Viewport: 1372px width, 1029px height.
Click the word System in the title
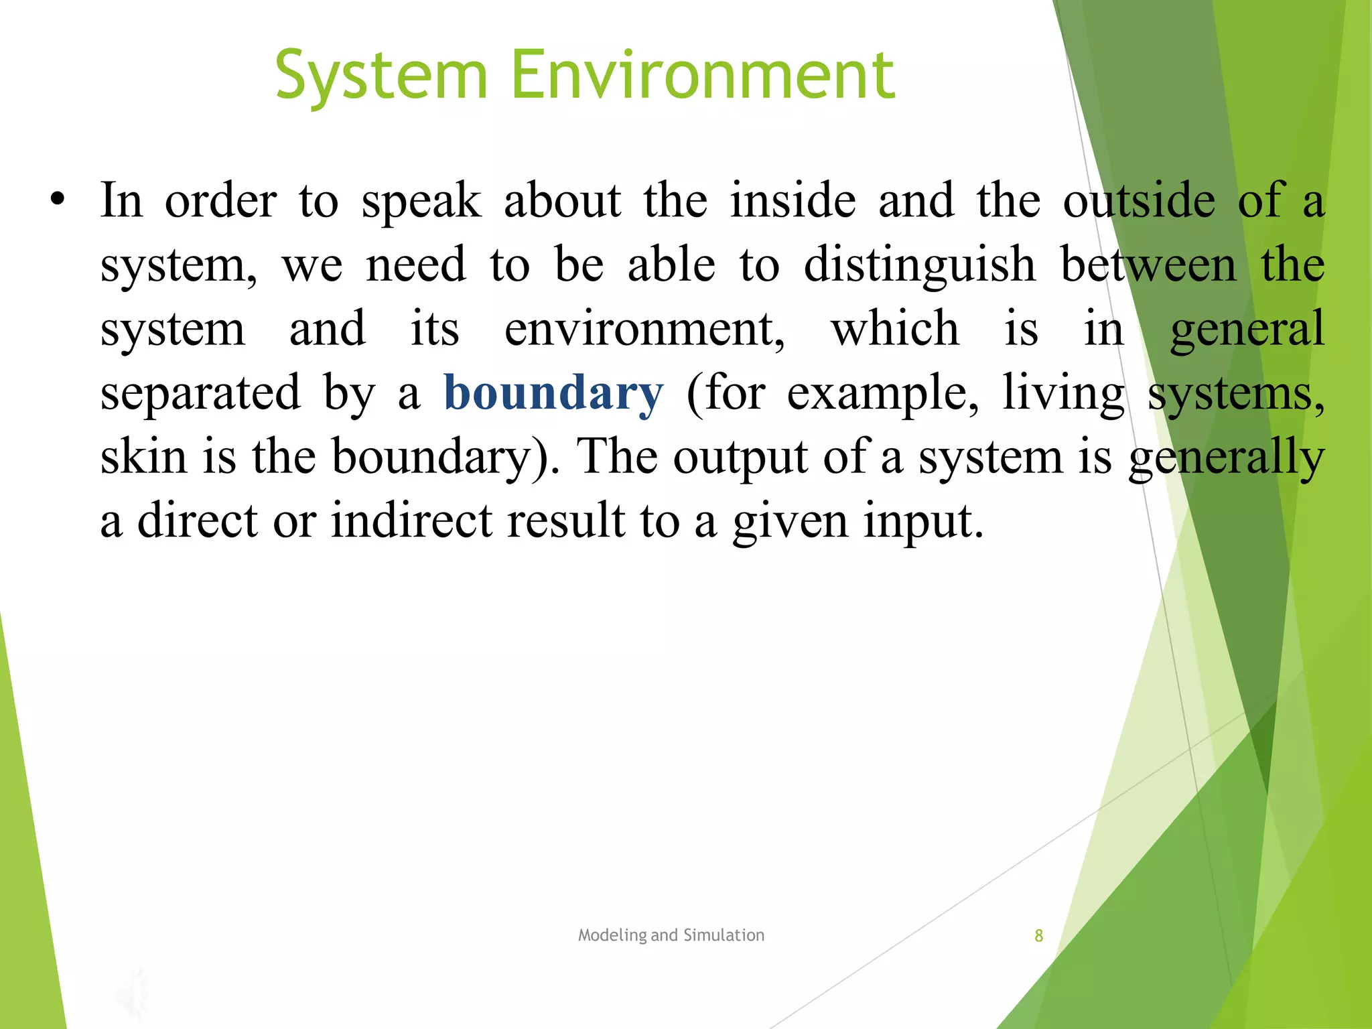(381, 75)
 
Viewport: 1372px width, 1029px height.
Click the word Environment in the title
(703, 75)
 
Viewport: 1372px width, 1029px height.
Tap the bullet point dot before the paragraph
(58, 199)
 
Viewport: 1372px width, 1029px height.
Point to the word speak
(421, 200)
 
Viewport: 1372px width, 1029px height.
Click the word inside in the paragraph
(793, 200)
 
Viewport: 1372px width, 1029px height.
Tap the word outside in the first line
(1139, 200)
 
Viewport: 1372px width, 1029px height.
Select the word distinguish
(920, 265)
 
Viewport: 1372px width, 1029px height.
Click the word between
(1148, 265)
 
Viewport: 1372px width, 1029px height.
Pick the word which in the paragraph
(895, 329)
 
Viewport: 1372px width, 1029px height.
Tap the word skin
(143, 457)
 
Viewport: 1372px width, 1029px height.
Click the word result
(565, 521)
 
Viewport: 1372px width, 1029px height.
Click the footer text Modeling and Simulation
(671, 935)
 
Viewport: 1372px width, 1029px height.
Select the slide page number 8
(1038, 936)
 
